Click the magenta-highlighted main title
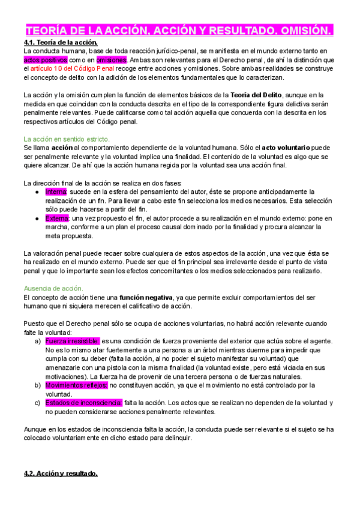(x=179, y=31)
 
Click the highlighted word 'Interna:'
(x=57, y=191)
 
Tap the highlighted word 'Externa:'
(x=58, y=218)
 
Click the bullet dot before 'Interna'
(x=38, y=191)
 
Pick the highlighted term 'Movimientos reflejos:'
(x=76, y=385)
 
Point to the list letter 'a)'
(x=38, y=341)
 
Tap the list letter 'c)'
(x=38, y=402)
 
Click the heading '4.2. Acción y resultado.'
(x=60, y=474)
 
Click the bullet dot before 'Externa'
(x=38, y=218)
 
